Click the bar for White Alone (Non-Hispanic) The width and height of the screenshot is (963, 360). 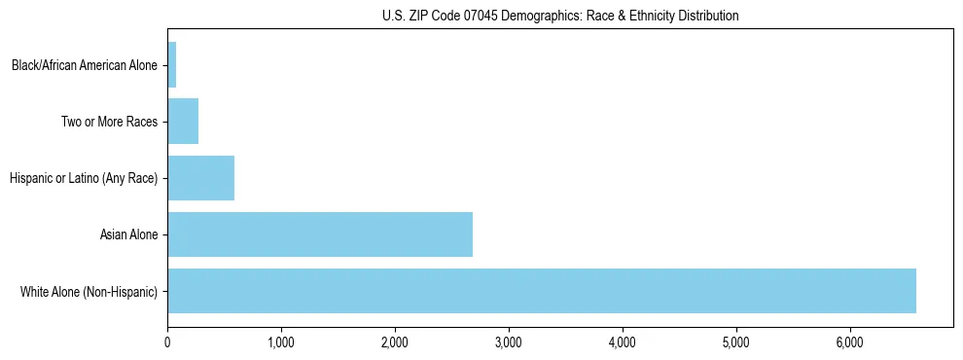[x=542, y=291]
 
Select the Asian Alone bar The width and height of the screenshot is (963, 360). [x=320, y=234]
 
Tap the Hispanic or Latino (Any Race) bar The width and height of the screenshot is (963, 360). [x=201, y=178]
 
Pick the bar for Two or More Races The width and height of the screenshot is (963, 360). [x=183, y=122]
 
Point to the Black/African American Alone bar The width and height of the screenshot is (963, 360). [x=172, y=65]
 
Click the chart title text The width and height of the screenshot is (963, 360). [x=560, y=16]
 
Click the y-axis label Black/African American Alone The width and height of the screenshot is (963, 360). [x=85, y=66]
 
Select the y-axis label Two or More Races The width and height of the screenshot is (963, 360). [x=109, y=123]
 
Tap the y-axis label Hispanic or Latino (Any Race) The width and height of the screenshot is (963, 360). [x=84, y=179]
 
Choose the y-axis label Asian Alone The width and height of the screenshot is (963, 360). [x=128, y=235]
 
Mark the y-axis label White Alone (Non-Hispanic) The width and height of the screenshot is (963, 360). [x=89, y=292]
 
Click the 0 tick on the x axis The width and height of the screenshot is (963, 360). [x=167, y=342]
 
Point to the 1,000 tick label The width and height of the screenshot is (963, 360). [x=281, y=342]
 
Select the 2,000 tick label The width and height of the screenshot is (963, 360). [x=395, y=342]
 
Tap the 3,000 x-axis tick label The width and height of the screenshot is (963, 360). [x=509, y=342]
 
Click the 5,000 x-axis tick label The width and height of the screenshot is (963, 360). [x=736, y=342]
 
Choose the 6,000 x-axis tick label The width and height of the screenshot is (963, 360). [x=850, y=342]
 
